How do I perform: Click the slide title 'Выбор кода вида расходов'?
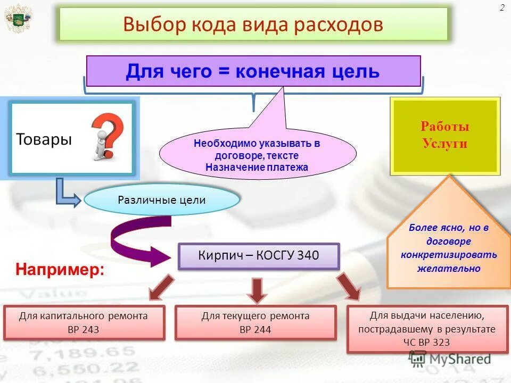pos(253,24)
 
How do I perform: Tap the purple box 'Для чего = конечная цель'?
pos(253,71)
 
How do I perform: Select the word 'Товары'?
pos(44,139)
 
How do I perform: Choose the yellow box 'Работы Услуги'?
pos(445,136)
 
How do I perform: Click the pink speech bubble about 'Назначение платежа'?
pos(257,155)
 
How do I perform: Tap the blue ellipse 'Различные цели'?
pos(161,201)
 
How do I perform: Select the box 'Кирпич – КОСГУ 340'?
pos(259,256)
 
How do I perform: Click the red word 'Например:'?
pos(59,269)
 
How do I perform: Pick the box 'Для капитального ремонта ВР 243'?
pos(84,322)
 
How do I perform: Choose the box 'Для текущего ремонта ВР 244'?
pos(256,322)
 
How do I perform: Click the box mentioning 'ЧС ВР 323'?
pos(427,329)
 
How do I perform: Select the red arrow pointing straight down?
pos(257,290)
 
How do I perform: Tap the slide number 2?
pos(502,7)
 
